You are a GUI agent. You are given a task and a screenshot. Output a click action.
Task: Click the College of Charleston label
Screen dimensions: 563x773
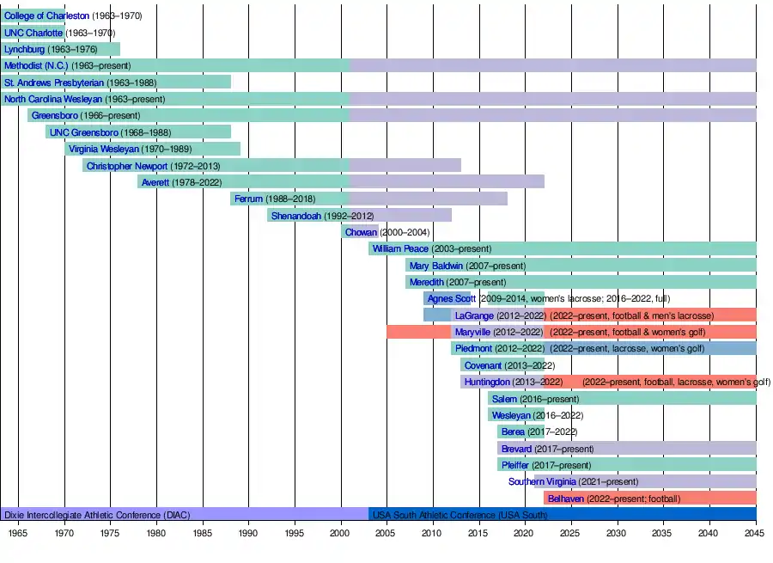pos(46,16)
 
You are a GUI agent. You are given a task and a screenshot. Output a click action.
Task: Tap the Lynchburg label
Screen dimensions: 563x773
pos(24,49)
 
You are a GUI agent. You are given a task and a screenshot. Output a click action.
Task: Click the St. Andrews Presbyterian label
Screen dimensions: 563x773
pos(54,83)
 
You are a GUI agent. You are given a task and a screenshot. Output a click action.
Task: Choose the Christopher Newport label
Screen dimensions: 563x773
pos(127,166)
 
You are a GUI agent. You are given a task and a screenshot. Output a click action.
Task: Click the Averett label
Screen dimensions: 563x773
pos(155,182)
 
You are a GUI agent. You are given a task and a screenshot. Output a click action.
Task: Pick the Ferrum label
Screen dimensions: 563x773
pos(248,199)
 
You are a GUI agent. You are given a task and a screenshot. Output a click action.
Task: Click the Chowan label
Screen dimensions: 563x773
pos(360,232)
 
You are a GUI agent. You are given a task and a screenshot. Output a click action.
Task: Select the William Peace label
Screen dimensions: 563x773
pos(400,248)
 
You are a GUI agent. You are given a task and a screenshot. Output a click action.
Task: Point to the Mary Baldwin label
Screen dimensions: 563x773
pos(436,266)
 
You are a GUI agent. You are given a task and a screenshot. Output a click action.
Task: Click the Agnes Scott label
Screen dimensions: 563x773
pos(452,299)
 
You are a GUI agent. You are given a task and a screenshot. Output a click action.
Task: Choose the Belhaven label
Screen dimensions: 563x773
pos(565,499)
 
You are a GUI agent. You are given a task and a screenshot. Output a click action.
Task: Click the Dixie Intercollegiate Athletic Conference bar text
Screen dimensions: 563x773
pos(97,515)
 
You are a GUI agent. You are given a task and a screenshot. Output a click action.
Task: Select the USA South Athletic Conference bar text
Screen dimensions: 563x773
pos(460,515)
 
